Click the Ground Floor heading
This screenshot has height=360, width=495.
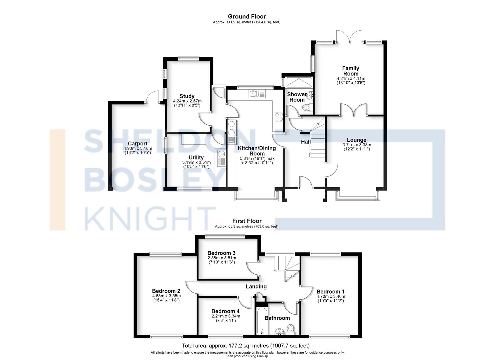(247, 16)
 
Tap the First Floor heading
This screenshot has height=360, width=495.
(247, 221)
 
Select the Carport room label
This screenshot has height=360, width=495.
(137, 144)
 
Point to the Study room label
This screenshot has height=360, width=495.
(187, 96)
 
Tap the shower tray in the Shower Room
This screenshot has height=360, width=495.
(299, 82)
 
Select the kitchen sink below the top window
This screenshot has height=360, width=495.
(257, 94)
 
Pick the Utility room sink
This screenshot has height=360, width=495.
(221, 158)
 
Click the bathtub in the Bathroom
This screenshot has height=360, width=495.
(262, 320)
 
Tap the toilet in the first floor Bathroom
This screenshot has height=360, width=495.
(291, 329)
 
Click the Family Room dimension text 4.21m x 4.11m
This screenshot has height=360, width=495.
(351, 78)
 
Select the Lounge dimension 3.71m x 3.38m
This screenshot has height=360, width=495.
(357, 145)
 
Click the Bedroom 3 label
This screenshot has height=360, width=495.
(221, 253)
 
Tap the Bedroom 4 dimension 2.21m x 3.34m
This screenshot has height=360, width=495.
(226, 316)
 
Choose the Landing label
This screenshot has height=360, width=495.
(256, 287)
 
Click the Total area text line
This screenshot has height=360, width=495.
(246, 346)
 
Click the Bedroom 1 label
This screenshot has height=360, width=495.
(330, 292)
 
